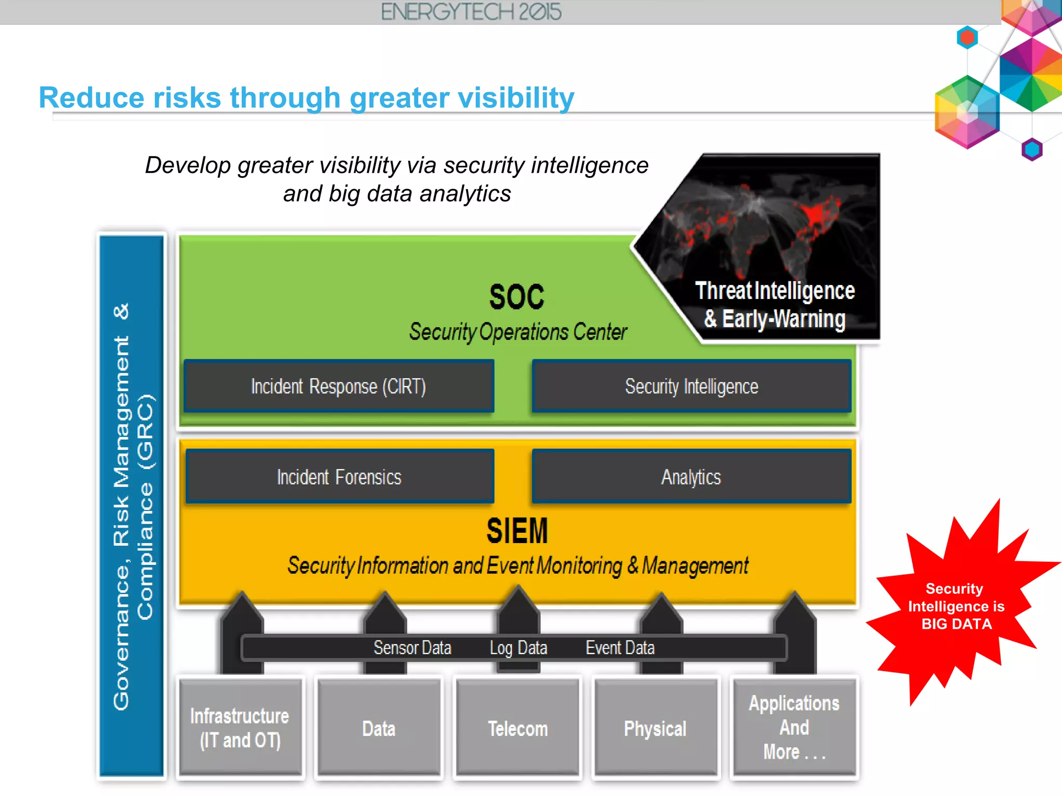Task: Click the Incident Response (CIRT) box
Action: pyautogui.click(x=339, y=387)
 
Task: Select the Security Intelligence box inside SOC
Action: pyautogui.click(x=691, y=387)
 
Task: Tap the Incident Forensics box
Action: pyautogui.click(x=339, y=477)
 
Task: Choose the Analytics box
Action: pyautogui.click(x=691, y=477)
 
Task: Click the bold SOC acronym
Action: pyautogui.click(x=517, y=297)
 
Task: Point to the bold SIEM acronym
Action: pyautogui.click(x=517, y=531)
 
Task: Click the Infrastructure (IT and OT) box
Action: pyautogui.click(x=240, y=728)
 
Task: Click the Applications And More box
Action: pyautogui.click(x=794, y=728)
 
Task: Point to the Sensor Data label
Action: pyautogui.click(x=412, y=648)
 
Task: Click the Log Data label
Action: pyautogui.click(x=519, y=648)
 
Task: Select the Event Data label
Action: pyautogui.click(x=620, y=648)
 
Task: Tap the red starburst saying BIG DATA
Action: pyautogui.click(x=956, y=606)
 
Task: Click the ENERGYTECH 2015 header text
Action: pyautogui.click(x=471, y=12)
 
